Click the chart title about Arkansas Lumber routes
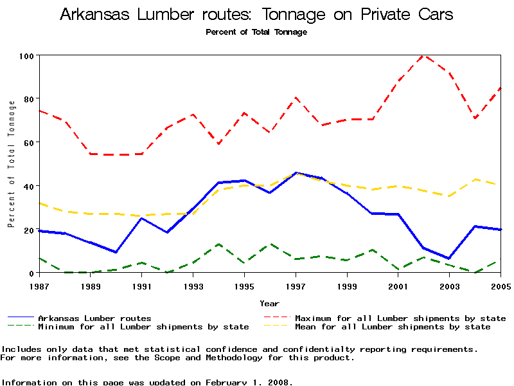click(x=256, y=15)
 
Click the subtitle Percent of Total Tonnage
click(x=256, y=32)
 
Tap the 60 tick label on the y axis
click(x=28, y=142)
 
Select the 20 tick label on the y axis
click(x=28, y=230)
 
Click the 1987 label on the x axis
click(x=39, y=286)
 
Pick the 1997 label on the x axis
click(x=296, y=286)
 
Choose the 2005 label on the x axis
click(x=500, y=286)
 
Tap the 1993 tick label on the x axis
click(x=193, y=286)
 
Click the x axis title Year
click(x=269, y=303)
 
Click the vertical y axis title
click(x=12, y=164)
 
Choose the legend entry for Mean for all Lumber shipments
click(x=392, y=327)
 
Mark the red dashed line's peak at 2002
click(x=423, y=56)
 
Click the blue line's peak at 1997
click(x=296, y=172)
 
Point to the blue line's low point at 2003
click(x=449, y=259)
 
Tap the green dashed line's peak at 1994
click(x=218, y=244)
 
